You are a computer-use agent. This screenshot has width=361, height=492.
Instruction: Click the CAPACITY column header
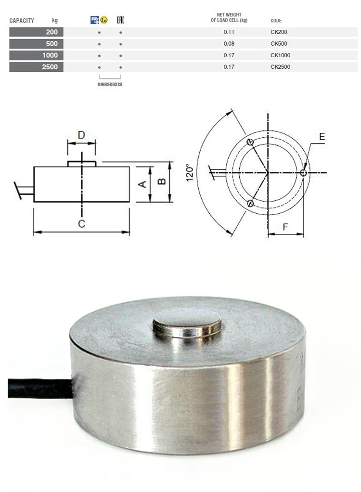coord(22,21)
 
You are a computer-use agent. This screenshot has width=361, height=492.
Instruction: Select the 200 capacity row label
coord(52,32)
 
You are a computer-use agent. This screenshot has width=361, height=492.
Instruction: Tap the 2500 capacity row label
coord(50,67)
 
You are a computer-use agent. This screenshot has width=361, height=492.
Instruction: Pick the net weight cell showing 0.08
coord(229,44)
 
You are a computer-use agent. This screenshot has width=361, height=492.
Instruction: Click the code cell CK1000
coord(281,55)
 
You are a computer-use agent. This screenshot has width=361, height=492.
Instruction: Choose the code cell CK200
coord(279,32)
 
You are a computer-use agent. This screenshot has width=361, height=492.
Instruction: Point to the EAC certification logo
coord(121,20)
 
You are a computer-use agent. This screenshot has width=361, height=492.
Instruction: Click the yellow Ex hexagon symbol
coord(103,20)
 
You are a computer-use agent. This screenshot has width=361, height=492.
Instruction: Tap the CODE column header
coord(276,21)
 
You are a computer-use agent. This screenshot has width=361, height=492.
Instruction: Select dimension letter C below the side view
coord(81,223)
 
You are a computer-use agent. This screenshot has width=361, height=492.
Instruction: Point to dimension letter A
coord(142,184)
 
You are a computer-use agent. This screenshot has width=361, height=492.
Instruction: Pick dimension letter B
coord(162,181)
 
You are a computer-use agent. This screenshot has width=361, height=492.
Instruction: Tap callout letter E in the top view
coord(322,137)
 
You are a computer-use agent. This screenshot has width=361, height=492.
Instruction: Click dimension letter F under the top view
coord(285,226)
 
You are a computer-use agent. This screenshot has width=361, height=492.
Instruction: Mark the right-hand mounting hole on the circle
coord(303,173)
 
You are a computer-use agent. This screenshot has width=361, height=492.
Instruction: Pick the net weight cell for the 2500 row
coord(229,67)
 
